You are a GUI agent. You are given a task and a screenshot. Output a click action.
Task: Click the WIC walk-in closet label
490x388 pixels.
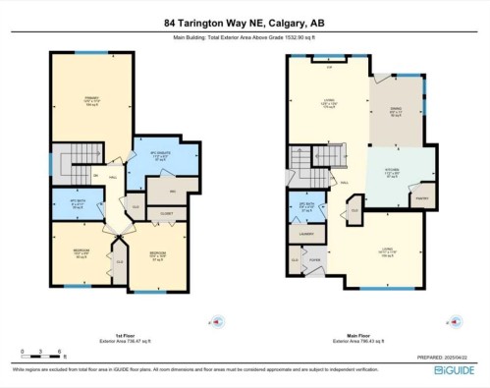(x=172, y=191)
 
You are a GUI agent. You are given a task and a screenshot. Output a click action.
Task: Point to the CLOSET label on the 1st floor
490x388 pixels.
(x=166, y=210)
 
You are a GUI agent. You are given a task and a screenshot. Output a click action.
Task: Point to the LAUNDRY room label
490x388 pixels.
(x=306, y=233)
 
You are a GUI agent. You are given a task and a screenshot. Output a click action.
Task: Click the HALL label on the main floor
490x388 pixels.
(x=345, y=183)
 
